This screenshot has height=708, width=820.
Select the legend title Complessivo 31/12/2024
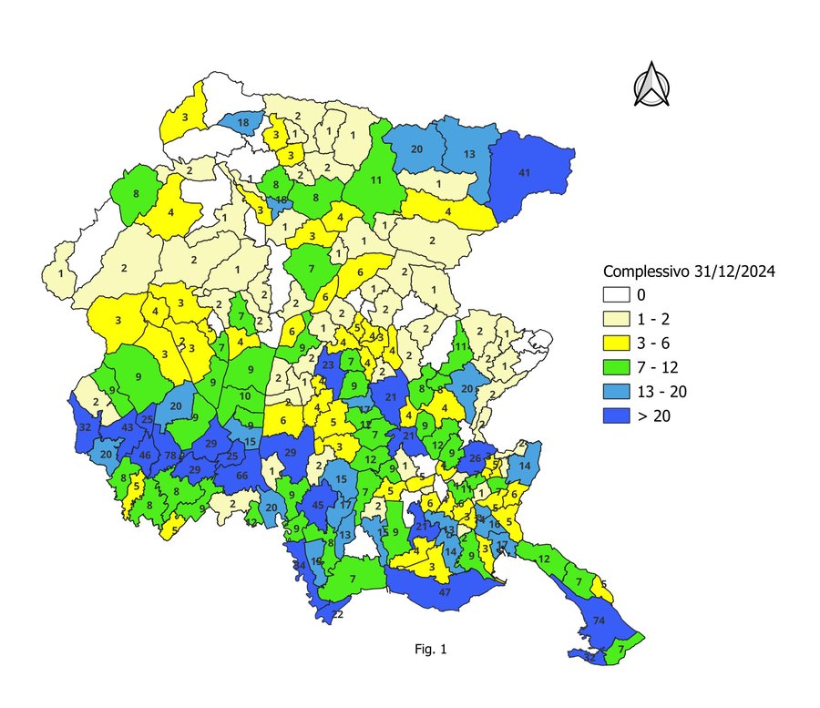coord(689,272)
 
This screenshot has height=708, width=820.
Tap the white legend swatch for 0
coord(618,295)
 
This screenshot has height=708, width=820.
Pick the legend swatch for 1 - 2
coord(618,320)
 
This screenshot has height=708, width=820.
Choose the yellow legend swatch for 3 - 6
coord(618,344)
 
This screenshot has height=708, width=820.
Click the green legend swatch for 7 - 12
coord(618,367)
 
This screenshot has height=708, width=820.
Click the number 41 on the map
coord(524,172)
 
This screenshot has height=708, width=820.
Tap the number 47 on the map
coord(445,592)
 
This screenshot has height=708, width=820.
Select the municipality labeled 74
coord(599,621)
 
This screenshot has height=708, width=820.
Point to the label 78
coord(170,456)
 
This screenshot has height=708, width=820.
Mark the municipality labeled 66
coord(242,477)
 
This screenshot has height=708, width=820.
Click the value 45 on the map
coord(318,505)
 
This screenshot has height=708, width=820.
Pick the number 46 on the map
coord(144,456)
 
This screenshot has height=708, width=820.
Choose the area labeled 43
coord(128,428)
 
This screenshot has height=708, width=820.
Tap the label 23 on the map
coord(328,366)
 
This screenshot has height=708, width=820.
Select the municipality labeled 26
coord(475,458)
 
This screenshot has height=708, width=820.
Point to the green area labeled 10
coord(245,396)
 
